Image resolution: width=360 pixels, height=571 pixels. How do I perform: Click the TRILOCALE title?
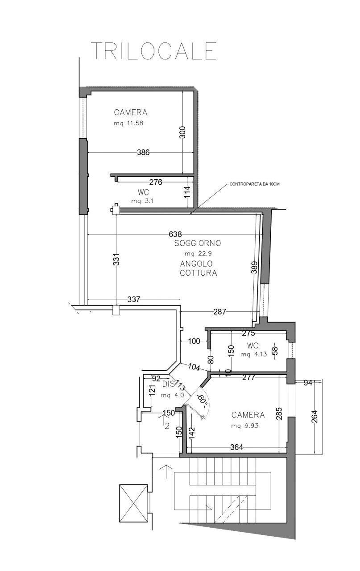[x=154, y=51]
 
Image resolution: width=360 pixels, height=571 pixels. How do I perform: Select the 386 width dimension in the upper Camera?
[x=143, y=153]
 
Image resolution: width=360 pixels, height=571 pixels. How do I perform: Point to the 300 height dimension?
[x=182, y=132]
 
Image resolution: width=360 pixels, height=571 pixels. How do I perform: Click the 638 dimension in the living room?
[x=175, y=234]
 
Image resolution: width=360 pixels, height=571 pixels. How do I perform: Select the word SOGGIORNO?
[x=198, y=243]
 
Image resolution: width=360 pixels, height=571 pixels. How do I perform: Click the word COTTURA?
[x=199, y=273]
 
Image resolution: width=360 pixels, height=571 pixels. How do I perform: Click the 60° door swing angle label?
[x=203, y=400]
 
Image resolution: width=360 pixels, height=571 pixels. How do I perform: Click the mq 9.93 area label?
[x=248, y=426]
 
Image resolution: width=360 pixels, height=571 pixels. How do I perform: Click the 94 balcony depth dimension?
[x=308, y=383]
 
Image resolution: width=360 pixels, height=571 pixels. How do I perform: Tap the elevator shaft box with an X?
[x=133, y=503]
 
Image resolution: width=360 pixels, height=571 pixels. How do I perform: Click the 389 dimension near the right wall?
[x=254, y=270]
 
